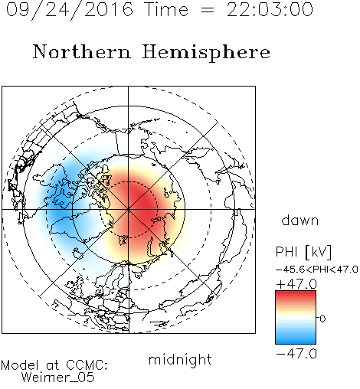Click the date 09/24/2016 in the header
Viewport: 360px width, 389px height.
pyautogui.click(x=69, y=10)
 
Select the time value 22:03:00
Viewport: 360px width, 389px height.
pyautogui.click(x=270, y=9)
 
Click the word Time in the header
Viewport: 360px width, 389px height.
pyautogui.click(x=166, y=9)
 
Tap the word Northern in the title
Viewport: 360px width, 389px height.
pyautogui.click(x=82, y=51)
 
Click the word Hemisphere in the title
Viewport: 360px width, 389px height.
pyautogui.click(x=206, y=52)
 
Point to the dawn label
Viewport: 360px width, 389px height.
pyautogui.click(x=300, y=221)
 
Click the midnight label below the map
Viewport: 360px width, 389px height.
pyautogui.click(x=180, y=359)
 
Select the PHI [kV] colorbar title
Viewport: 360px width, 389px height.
pyautogui.click(x=303, y=252)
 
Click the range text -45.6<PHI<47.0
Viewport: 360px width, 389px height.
pyautogui.click(x=317, y=270)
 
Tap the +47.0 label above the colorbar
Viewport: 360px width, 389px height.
pyautogui.click(x=296, y=284)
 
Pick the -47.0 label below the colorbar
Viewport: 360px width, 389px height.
pyautogui.click(x=296, y=354)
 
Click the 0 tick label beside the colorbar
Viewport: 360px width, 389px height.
pyautogui.click(x=322, y=319)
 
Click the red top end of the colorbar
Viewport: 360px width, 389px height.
pyautogui.click(x=296, y=293)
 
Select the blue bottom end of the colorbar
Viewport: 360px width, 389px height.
pyautogui.click(x=296, y=342)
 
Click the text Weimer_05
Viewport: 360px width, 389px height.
pyautogui.click(x=58, y=378)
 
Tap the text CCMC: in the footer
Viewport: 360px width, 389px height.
pyautogui.click(x=87, y=365)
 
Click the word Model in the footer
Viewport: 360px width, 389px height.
pyautogui.click(x=20, y=365)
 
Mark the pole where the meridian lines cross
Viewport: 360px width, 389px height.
pyautogui.click(x=129, y=210)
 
